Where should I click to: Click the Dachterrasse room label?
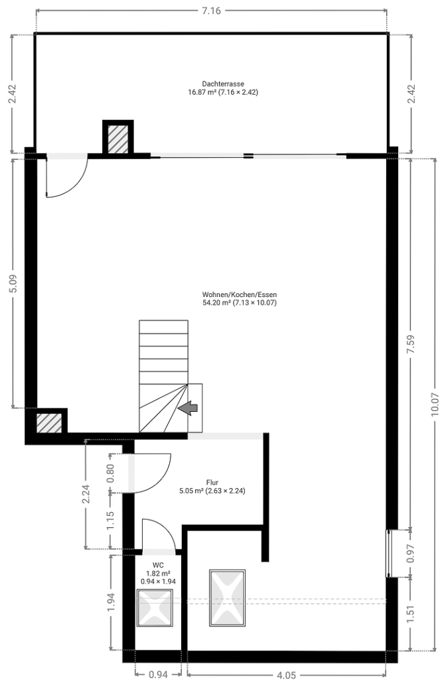(x=222, y=84)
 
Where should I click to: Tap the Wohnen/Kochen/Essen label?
(x=239, y=294)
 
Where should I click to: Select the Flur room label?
(x=212, y=482)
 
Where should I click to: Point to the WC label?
(x=158, y=565)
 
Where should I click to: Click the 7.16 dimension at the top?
(x=211, y=11)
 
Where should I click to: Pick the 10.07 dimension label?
(x=435, y=404)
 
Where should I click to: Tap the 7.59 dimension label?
(x=411, y=343)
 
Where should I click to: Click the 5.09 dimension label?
(x=13, y=284)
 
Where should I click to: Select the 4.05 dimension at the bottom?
(x=286, y=674)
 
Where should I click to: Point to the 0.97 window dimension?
(x=411, y=553)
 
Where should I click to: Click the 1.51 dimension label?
(x=411, y=613)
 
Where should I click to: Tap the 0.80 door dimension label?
(x=110, y=473)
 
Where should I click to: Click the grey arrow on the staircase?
(x=188, y=408)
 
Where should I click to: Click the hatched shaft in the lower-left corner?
(x=48, y=423)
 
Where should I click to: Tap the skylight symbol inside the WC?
(x=155, y=607)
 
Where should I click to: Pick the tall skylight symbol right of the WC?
(x=227, y=597)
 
